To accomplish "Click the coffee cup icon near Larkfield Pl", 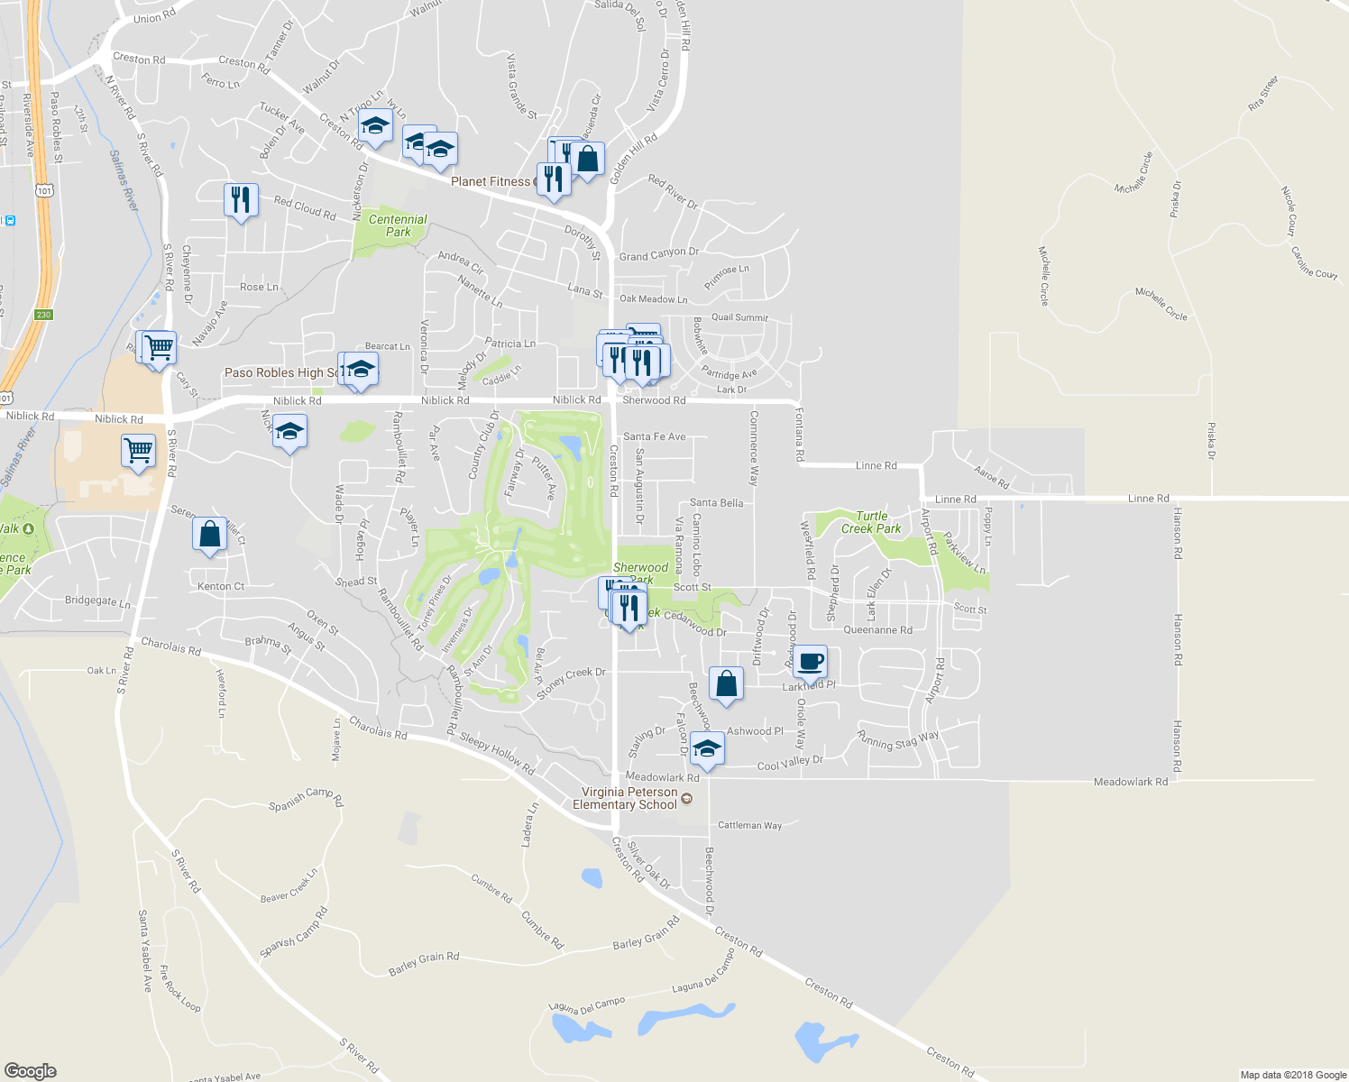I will [811, 661].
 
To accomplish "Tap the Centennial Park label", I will [398, 225].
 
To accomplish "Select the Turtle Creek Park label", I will [871, 522].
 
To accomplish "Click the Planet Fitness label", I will [491, 181].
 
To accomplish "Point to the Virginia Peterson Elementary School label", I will [628, 798].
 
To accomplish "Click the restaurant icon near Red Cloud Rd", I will [241, 199].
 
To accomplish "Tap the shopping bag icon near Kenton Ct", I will [209, 534].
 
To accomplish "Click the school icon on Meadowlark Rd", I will [708, 749].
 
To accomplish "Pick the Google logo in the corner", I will [30, 1070].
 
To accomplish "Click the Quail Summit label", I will [739, 317].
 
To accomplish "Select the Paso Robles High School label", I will [280, 372].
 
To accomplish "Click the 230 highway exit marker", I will [44, 315].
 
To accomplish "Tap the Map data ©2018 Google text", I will [1293, 1074].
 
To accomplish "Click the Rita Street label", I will [1263, 94].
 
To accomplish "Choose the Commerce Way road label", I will [754, 448].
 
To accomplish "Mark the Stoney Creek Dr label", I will [571, 683].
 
